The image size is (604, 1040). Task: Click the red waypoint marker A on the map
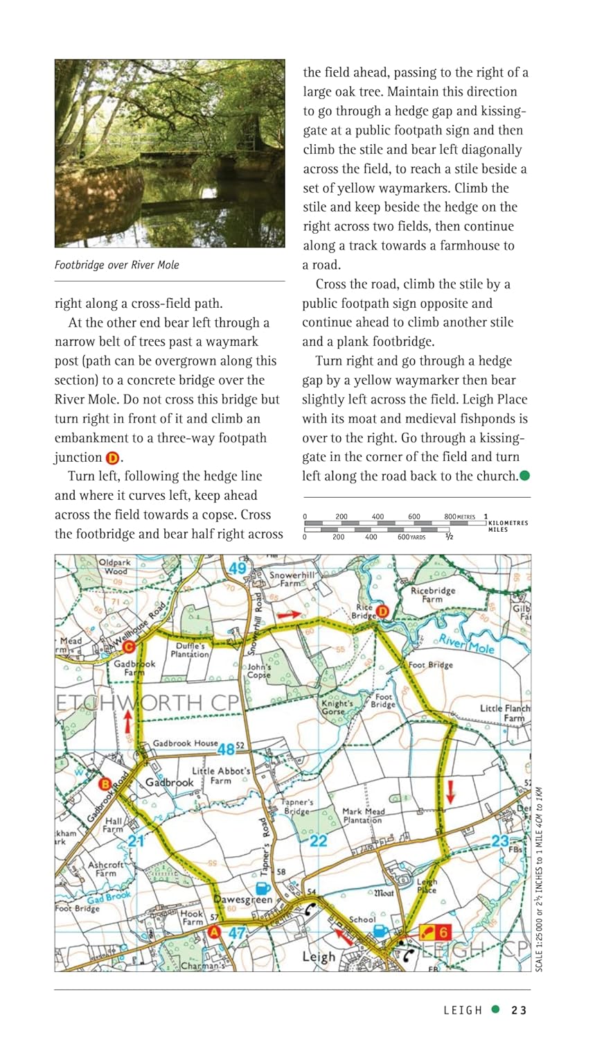click(x=214, y=933)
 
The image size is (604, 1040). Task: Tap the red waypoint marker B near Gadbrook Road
click(x=105, y=784)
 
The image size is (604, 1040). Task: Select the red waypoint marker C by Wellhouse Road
click(x=128, y=648)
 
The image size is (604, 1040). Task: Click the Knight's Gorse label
click(x=337, y=707)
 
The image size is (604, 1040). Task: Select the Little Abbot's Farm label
click(x=221, y=776)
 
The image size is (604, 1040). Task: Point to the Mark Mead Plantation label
click(x=363, y=815)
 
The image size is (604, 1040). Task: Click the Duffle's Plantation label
click(x=189, y=650)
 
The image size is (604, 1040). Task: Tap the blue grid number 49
click(x=238, y=569)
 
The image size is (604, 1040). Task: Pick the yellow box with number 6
click(x=436, y=933)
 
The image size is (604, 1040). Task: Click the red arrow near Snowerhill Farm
click(x=289, y=614)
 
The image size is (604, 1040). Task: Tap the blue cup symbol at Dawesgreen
click(x=263, y=888)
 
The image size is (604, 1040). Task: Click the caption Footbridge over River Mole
click(x=117, y=264)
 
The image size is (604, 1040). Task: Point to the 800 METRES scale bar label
click(x=460, y=517)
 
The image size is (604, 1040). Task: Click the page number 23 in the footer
click(x=519, y=1010)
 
